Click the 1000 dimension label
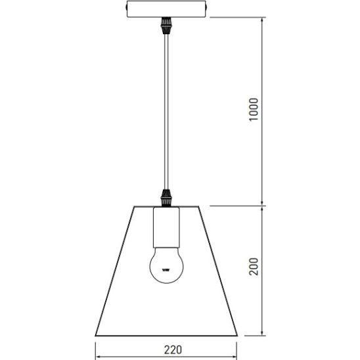[x=254, y=109]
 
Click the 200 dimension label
[x=254, y=267]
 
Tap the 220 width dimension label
[x=173, y=349]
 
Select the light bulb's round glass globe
[x=166, y=265]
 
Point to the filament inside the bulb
[x=166, y=270]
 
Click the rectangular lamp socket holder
[x=166, y=227]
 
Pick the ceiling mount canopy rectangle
[x=166, y=9]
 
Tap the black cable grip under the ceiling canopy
[x=166, y=26]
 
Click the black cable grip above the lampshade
[x=166, y=198]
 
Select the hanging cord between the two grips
[x=166, y=112]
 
